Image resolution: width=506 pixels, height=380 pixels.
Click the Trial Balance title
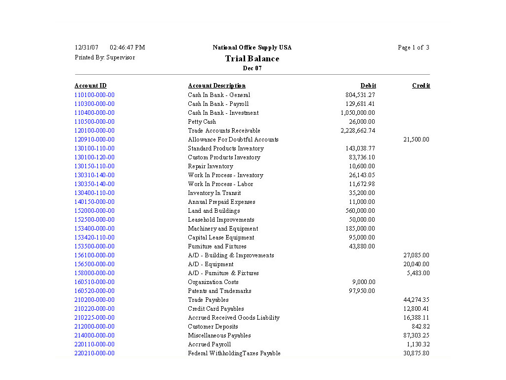click(x=252, y=58)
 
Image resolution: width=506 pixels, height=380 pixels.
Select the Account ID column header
click(x=90, y=86)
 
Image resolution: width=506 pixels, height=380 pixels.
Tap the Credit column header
click(x=421, y=86)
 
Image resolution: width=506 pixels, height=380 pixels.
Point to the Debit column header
click(x=368, y=86)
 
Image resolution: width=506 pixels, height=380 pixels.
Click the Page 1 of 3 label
click(x=413, y=47)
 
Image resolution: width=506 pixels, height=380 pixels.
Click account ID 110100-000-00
click(x=94, y=95)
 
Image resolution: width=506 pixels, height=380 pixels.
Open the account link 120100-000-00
click(x=94, y=131)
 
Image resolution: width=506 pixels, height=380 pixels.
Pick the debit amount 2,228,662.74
click(x=358, y=131)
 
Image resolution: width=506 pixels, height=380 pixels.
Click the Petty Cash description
click(x=202, y=122)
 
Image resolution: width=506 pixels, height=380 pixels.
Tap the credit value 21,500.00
click(x=416, y=140)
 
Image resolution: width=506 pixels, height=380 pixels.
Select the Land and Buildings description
click(x=213, y=211)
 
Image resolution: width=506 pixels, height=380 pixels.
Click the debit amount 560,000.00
click(x=360, y=211)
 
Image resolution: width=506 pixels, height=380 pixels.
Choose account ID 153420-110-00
click(x=94, y=237)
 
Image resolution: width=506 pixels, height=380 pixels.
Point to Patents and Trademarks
click(x=219, y=291)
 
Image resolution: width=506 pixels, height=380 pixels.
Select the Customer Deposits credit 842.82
click(x=421, y=327)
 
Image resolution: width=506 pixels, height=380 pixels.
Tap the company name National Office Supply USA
click(x=252, y=47)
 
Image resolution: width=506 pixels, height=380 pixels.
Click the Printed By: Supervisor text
click(x=105, y=57)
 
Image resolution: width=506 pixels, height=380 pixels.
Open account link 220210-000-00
click(x=94, y=353)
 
